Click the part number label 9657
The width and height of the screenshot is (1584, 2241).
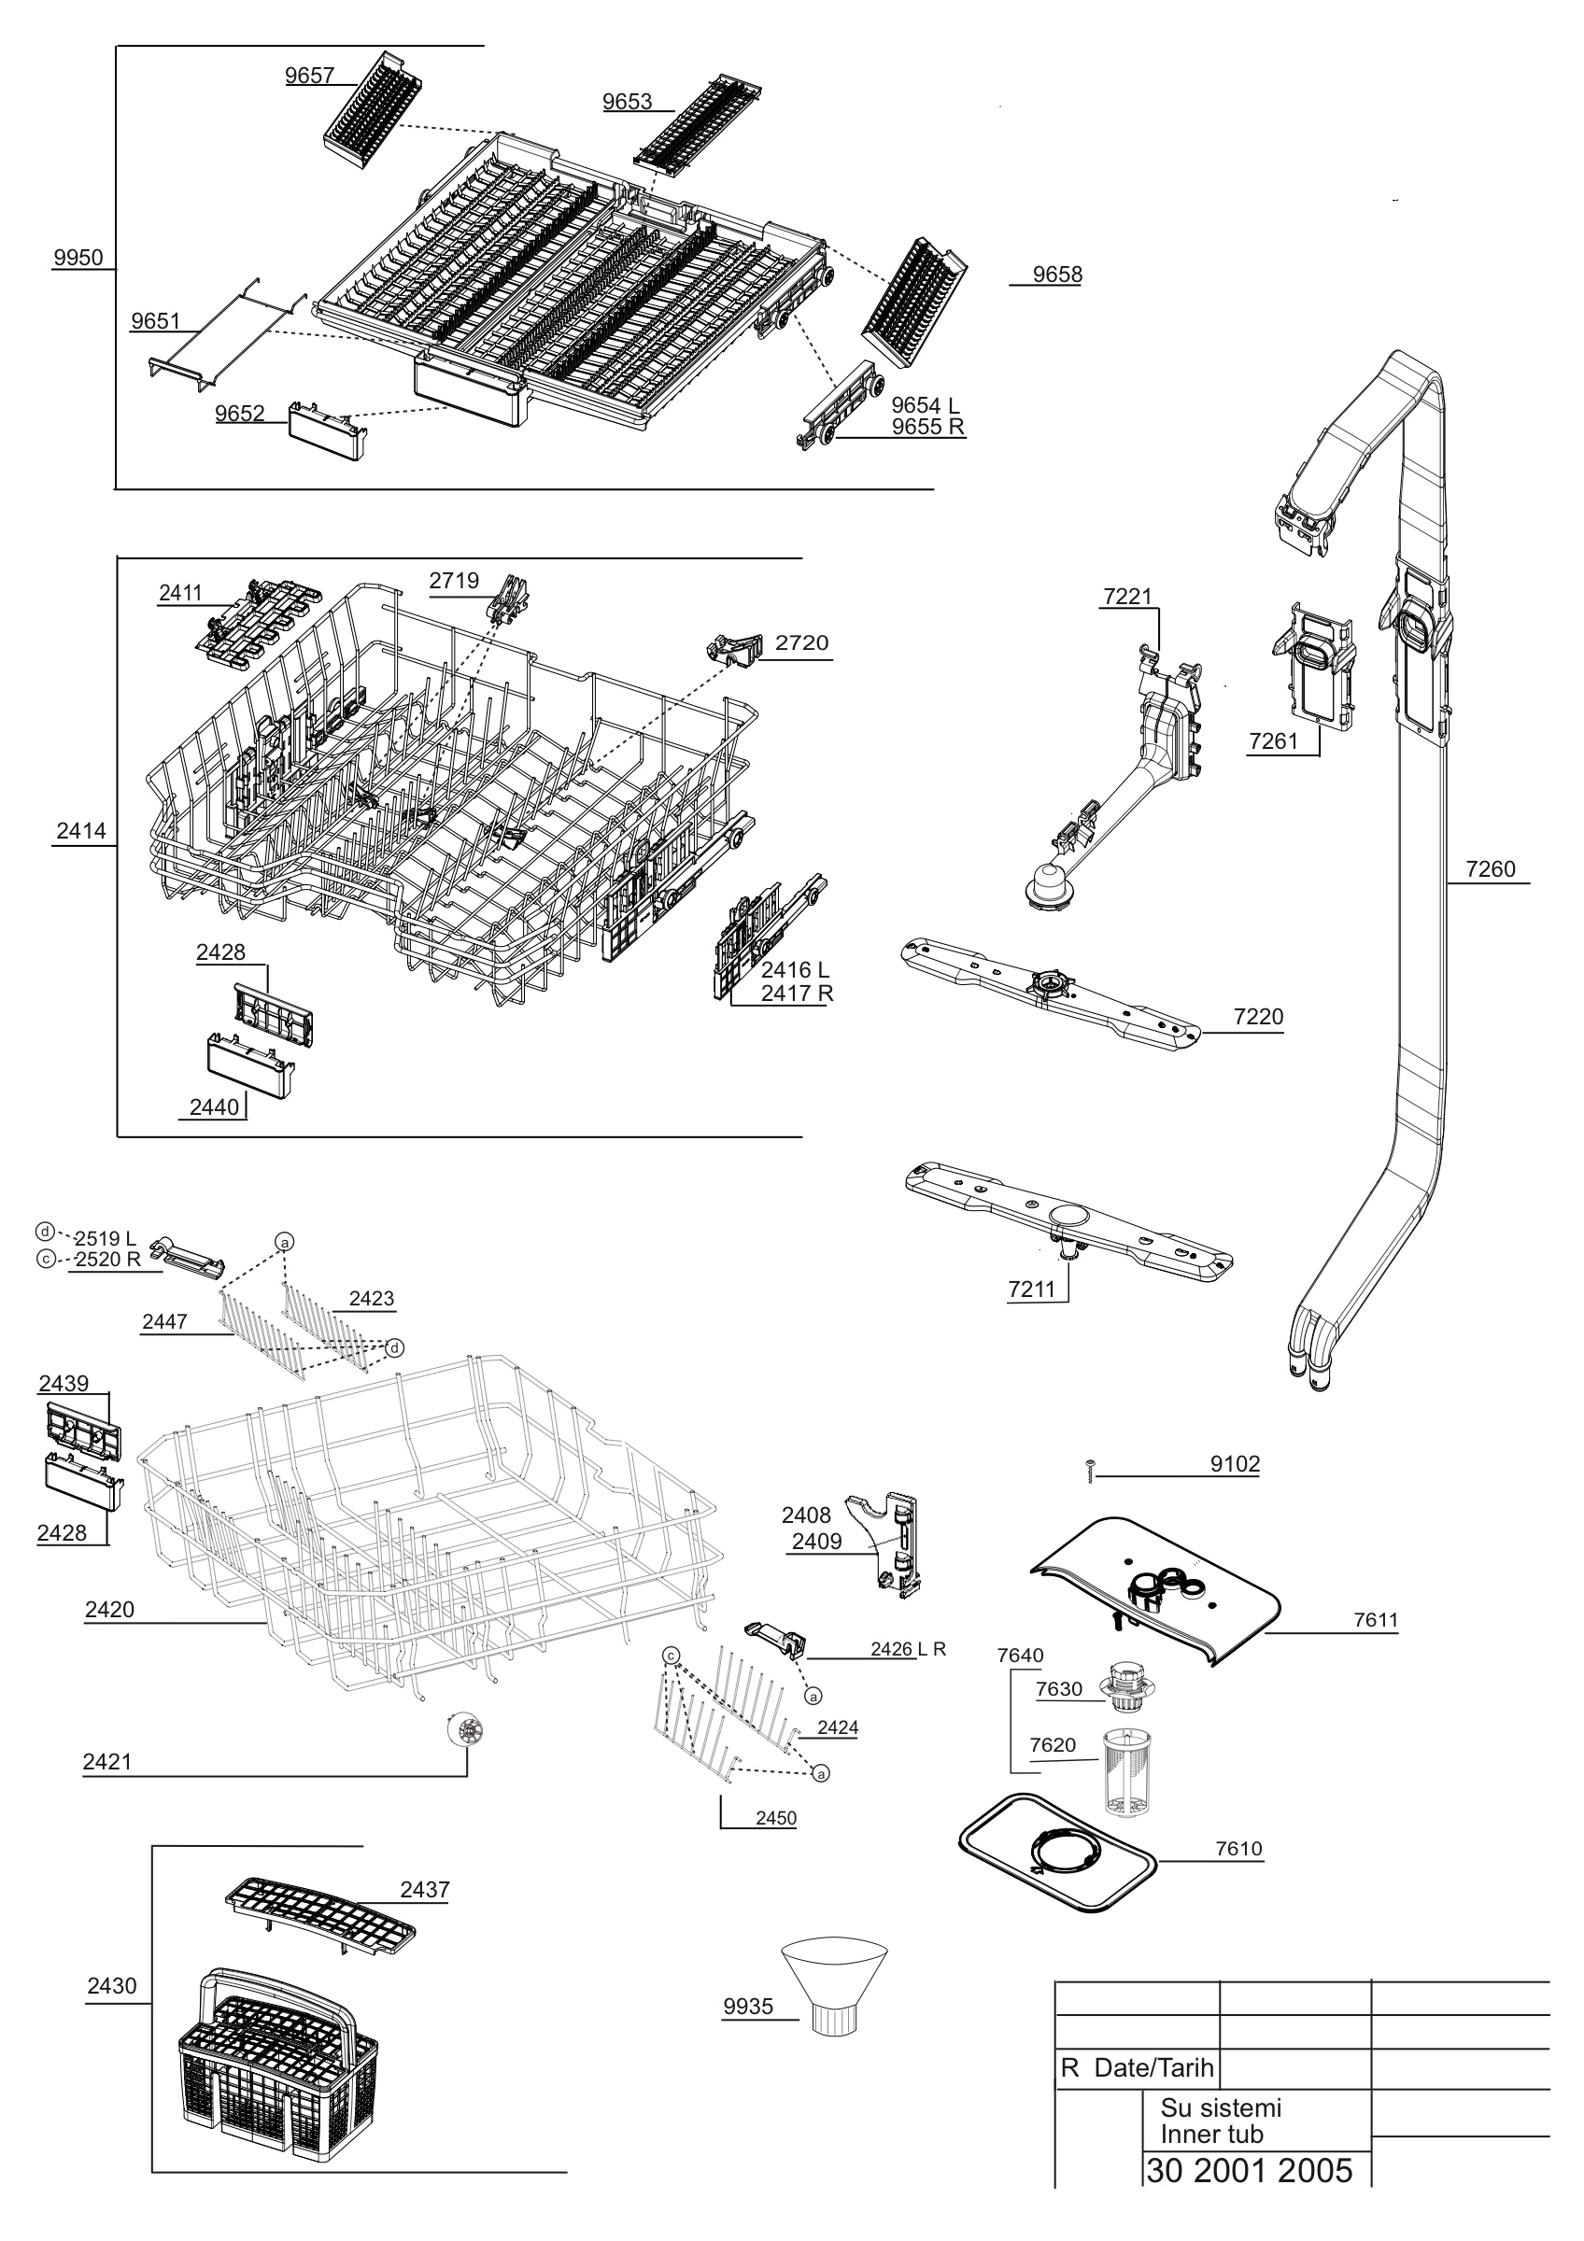tap(309, 77)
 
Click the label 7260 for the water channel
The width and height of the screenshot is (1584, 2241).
tap(1491, 868)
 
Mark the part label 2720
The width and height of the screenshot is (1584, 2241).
tap(801, 642)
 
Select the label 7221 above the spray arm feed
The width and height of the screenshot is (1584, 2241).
tap(1127, 597)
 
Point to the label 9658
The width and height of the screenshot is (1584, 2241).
tap(1057, 275)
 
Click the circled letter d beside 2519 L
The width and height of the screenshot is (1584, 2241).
tap(44, 1230)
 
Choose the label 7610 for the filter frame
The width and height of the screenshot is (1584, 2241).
tap(1238, 1848)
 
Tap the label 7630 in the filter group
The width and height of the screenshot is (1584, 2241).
tap(1059, 1689)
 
